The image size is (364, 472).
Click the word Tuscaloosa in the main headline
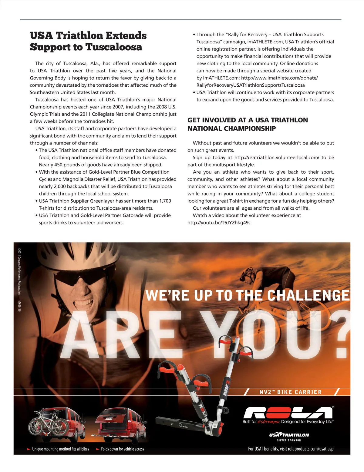114,47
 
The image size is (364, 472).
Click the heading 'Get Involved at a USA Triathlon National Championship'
248,124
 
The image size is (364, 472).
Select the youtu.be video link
219,223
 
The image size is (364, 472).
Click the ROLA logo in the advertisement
288,413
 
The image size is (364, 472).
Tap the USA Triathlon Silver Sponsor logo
289,437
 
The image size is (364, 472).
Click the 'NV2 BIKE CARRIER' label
290,392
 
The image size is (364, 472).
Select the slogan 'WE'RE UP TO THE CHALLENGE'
247,295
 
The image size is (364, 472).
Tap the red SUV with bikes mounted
58,423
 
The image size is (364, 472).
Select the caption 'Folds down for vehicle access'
122,449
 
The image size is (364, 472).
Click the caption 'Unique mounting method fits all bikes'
60,449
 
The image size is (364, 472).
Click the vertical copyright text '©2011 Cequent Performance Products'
19,271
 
